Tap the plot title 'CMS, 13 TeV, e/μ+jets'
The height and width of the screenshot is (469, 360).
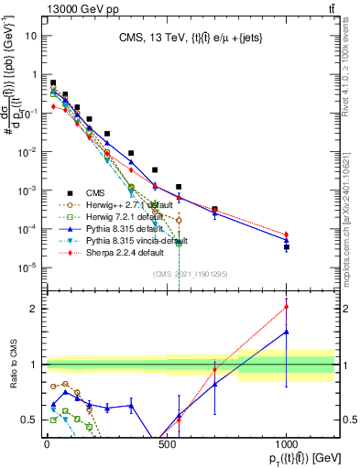(191, 38)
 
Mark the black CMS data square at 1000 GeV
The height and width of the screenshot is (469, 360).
(287, 247)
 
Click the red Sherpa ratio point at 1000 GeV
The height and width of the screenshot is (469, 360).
(287, 307)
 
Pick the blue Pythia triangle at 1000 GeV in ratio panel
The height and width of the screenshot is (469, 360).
(287, 332)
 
